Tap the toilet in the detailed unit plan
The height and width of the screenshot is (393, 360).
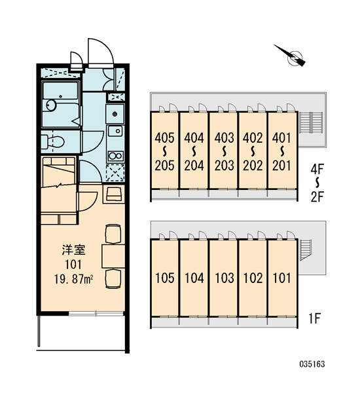pyautogui.click(x=52, y=142)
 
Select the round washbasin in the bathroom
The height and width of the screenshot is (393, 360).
pyautogui.click(x=51, y=105)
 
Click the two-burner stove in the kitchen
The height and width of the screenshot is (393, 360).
pyautogui.click(x=115, y=156)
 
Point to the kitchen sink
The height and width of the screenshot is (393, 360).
pyautogui.click(x=115, y=130)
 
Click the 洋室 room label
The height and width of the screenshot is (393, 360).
pyautogui.click(x=74, y=250)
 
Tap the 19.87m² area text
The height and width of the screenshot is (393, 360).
pyautogui.click(x=74, y=279)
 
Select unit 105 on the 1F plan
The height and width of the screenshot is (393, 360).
pyautogui.click(x=164, y=278)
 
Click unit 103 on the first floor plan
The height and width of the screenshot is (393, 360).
pyautogui.click(x=223, y=278)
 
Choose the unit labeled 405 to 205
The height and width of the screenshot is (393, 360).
pyautogui.click(x=164, y=150)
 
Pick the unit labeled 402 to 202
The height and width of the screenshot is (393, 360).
pyautogui.click(x=253, y=150)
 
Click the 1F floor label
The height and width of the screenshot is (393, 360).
pyautogui.click(x=314, y=318)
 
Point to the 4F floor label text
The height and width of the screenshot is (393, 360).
pyautogui.click(x=317, y=170)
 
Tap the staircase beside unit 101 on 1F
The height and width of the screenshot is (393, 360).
pyautogui.click(x=306, y=250)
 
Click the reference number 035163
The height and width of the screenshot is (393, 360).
pyautogui.click(x=312, y=364)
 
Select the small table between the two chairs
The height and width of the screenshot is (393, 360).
pyautogui.click(x=113, y=256)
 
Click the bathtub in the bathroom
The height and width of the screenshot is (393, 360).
pyautogui.click(x=60, y=105)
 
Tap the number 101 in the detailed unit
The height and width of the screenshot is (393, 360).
pyautogui.click(x=73, y=265)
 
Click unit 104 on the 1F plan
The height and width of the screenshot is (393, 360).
pyautogui.click(x=194, y=278)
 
